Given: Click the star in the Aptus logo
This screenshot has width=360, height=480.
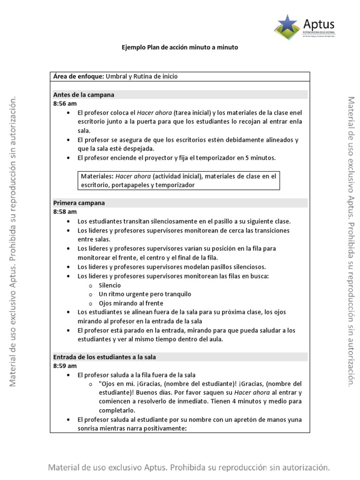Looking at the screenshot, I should click(x=287, y=24).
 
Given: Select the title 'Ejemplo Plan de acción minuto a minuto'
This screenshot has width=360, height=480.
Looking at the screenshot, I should click(x=180, y=48).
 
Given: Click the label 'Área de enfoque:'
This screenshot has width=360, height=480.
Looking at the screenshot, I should click(x=78, y=76).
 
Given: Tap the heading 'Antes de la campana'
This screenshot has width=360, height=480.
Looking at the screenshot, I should click(x=84, y=95).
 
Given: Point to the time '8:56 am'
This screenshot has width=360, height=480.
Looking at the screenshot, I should click(x=65, y=104).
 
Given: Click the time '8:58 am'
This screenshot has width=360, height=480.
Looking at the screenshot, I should click(x=65, y=212).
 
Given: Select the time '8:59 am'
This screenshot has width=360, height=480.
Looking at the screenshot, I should click(x=65, y=366).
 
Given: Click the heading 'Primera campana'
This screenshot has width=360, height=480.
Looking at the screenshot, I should click(x=79, y=203).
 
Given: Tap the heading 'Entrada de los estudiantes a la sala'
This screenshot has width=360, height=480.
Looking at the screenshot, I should click(x=105, y=357).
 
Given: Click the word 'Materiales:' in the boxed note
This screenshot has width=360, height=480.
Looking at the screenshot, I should click(x=97, y=176).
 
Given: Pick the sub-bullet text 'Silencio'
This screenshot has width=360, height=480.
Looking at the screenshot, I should click(x=110, y=285).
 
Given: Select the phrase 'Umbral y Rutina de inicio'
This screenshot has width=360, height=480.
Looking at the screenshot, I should click(x=142, y=76).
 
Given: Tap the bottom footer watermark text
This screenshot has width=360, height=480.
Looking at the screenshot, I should click(x=189, y=467).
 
